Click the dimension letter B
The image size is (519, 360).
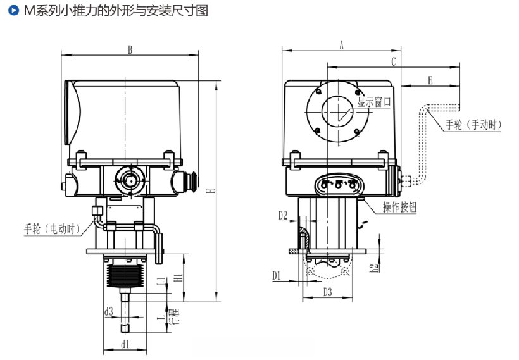click(x=130, y=49)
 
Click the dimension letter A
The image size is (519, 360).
click(x=341, y=45)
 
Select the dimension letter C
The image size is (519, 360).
click(x=393, y=61)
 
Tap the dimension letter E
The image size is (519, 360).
click(x=430, y=80)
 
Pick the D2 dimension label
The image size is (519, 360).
click(x=283, y=216)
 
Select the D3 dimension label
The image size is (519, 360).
click(x=328, y=292)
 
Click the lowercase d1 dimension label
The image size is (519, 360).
click(x=125, y=345)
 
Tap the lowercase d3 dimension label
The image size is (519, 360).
click(x=109, y=311)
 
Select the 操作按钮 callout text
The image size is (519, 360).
click(x=400, y=208)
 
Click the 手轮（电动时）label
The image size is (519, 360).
click(x=52, y=228)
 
